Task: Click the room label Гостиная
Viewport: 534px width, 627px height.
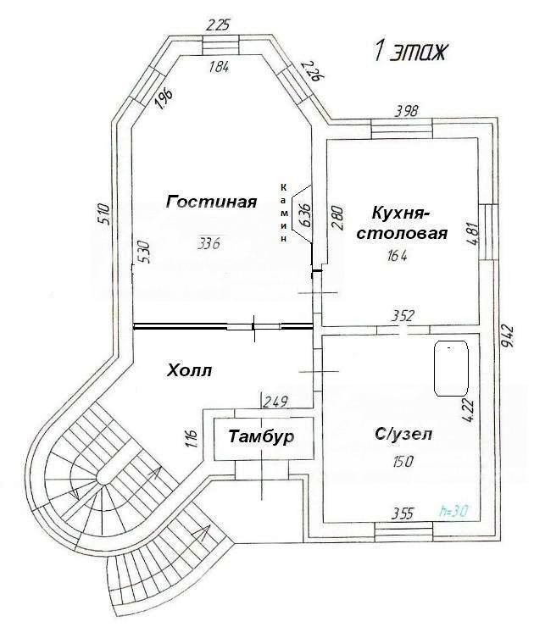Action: tap(211, 202)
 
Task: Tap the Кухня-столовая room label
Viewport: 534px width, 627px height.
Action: tap(401, 222)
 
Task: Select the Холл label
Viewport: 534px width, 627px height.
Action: tap(189, 371)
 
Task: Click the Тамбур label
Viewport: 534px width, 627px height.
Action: tap(261, 436)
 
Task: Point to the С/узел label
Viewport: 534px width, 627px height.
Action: tap(403, 434)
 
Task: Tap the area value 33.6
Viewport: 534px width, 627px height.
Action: tap(209, 243)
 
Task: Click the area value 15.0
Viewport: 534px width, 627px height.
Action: tap(403, 463)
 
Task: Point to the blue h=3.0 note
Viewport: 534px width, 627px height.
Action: tap(454, 511)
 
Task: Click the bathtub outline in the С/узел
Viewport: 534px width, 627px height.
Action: tap(451, 369)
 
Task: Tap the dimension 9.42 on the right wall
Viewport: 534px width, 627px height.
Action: tap(508, 336)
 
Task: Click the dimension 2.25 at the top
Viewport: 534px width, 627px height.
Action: tap(218, 26)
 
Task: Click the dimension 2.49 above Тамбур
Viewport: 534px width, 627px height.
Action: tap(275, 401)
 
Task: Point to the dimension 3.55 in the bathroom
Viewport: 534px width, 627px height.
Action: tap(403, 513)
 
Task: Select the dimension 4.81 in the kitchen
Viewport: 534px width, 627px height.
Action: tap(472, 231)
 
